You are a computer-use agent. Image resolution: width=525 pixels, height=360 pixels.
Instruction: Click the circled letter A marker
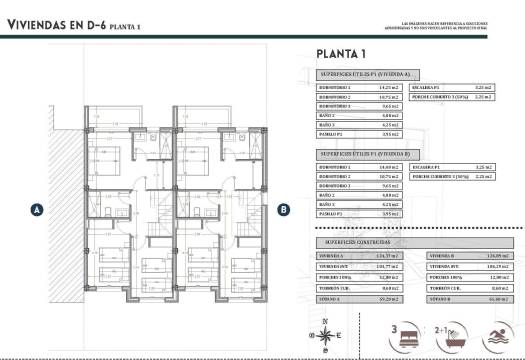(x=37, y=210)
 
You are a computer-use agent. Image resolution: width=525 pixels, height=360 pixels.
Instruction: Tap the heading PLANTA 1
(x=341, y=55)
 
